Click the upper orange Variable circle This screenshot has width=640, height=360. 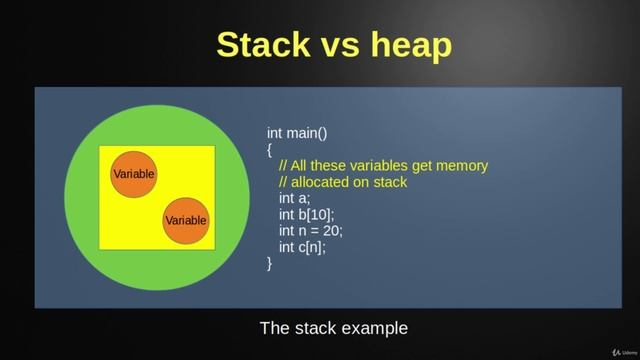click(x=133, y=174)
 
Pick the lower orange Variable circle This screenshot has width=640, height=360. click(x=186, y=220)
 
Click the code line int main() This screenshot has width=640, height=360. click(x=297, y=133)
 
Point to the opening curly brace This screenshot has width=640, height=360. click(x=270, y=149)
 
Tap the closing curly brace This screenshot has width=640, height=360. click(x=270, y=263)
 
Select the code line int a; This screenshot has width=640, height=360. click(x=295, y=198)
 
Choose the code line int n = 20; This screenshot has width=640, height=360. click(x=311, y=230)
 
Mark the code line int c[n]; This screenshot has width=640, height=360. click(x=302, y=247)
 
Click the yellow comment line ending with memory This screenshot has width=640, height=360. click(x=383, y=165)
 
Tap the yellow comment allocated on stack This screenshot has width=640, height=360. click(x=343, y=182)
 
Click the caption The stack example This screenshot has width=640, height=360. click(x=334, y=328)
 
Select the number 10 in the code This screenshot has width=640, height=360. click(x=319, y=214)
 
